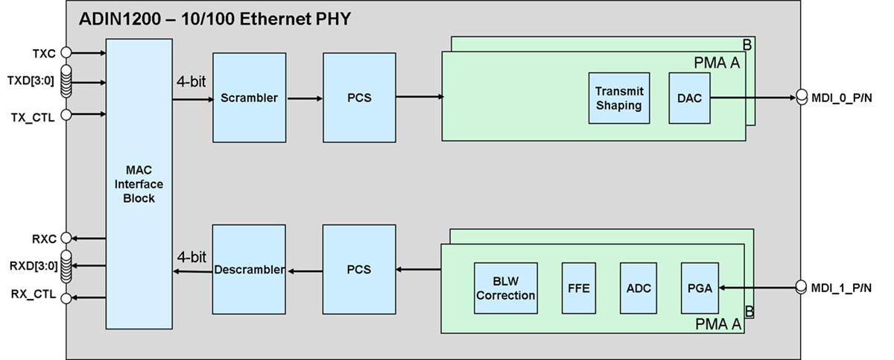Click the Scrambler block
click(250, 98)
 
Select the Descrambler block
click(250, 270)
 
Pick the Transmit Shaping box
click(618, 98)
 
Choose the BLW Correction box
click(506, 288)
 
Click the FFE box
click(579, 288)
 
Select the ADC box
click(638, 288)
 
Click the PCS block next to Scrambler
click(359, 98)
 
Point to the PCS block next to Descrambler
click(359, 270)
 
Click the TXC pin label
click(43, 54)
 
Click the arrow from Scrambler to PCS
click(304, 98)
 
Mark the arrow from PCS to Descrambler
click(304, 271)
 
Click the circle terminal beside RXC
click(66, 238)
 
